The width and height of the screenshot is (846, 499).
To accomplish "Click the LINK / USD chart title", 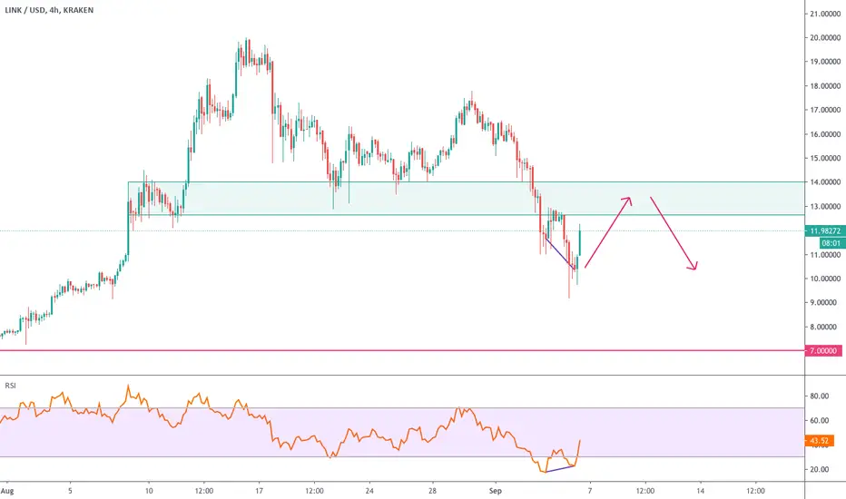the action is coord(49,10).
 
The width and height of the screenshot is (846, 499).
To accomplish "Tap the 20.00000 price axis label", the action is coord(825,38).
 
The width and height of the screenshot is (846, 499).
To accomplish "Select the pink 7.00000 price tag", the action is coord(823,350).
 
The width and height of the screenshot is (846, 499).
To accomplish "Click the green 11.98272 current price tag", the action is coord(825,230).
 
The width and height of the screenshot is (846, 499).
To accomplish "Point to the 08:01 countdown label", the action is coord(831,243).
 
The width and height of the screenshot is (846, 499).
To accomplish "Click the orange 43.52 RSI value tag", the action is coord(819,441).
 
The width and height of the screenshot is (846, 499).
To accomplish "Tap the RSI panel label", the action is coord(10,386).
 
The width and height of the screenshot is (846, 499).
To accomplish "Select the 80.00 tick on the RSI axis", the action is coord(819,396).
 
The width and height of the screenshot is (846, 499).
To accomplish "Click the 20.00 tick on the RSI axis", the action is coord(819,469).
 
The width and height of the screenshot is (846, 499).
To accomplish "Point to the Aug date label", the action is coord(7,491).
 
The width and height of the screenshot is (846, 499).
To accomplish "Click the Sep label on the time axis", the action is coord(496,491).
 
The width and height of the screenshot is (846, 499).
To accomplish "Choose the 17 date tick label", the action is coord(259,491).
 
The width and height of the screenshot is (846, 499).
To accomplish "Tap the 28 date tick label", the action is coord(432,491).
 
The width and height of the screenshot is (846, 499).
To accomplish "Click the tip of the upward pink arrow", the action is coord(630,198).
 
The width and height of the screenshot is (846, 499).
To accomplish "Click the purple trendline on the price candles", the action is coord(561,253).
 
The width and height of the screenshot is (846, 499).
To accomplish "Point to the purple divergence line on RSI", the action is coord(560,469).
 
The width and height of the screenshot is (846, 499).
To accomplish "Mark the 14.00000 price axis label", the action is coord(825,182).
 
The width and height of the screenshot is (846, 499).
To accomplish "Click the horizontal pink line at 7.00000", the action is coord(402,350).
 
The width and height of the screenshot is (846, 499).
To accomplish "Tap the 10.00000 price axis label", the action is coord(825,279).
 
